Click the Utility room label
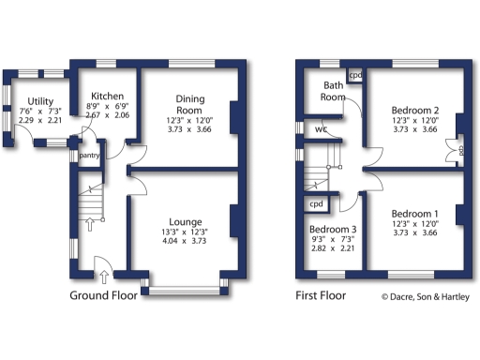pyautogui.click(x=39, y=101)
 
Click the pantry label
pyautogui.click(x=90, y=155)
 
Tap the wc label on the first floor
pyautogui.click(x=321, y=129)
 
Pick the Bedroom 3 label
pyautogui.click(x=332, y=229)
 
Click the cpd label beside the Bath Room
pyautogui.click(x=355, y=75)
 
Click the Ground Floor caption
pyautogui.click(x=103, y=295)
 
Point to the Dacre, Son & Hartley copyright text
pyautogui.click(x=426, y=296)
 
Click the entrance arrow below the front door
pyautogui.click(x=101, y=275)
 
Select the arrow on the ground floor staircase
pyautogui.click(x=90, y=223)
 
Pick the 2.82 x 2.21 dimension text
pyautogui.click(x=332, y=250)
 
